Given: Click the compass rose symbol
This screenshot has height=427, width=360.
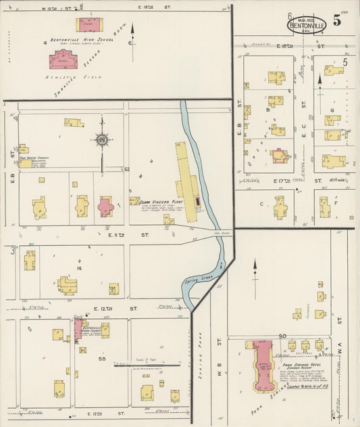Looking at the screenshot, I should coord(102,141).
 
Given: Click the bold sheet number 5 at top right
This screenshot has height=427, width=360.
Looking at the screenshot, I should coord(346,21).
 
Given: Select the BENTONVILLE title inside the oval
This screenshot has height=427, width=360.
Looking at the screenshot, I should coord(307,25).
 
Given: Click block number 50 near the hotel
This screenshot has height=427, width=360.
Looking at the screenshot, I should coord(282,336).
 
